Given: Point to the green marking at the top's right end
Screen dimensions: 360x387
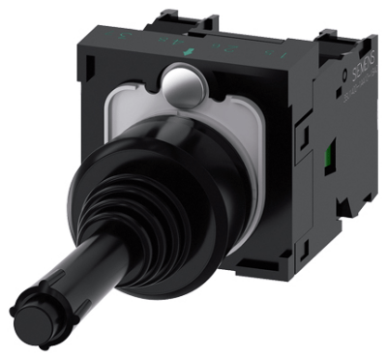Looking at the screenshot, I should click(x=253, y=44).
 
